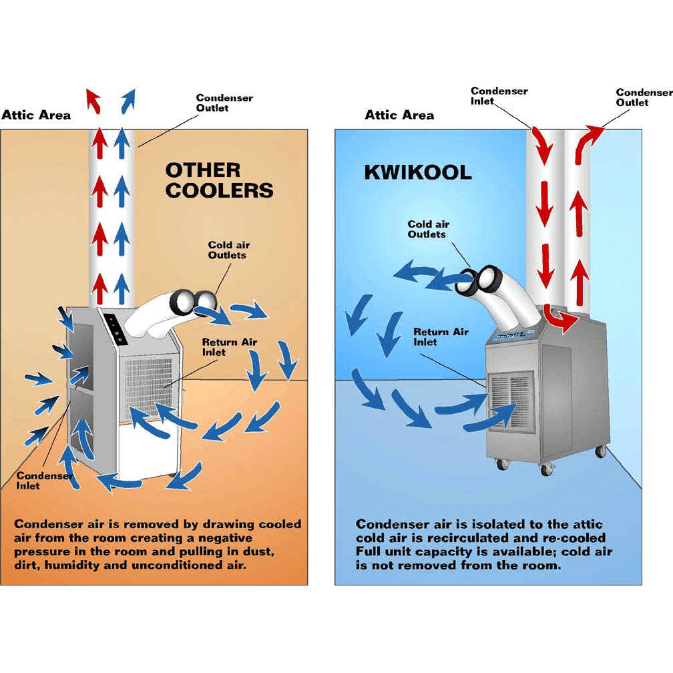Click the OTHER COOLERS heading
tap(219, 180)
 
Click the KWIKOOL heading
tap(417, 172)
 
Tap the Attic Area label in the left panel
tap(36, 115)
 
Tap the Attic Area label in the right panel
tap(399, 115)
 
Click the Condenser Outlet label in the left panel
tap(224, 103)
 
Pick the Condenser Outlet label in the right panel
tap(644, 97)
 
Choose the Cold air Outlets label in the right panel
tap(428, 229)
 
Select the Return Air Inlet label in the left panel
tap(230, 347)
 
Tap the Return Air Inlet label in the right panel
tap(441, 336)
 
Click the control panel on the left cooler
tap(115, 329)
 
